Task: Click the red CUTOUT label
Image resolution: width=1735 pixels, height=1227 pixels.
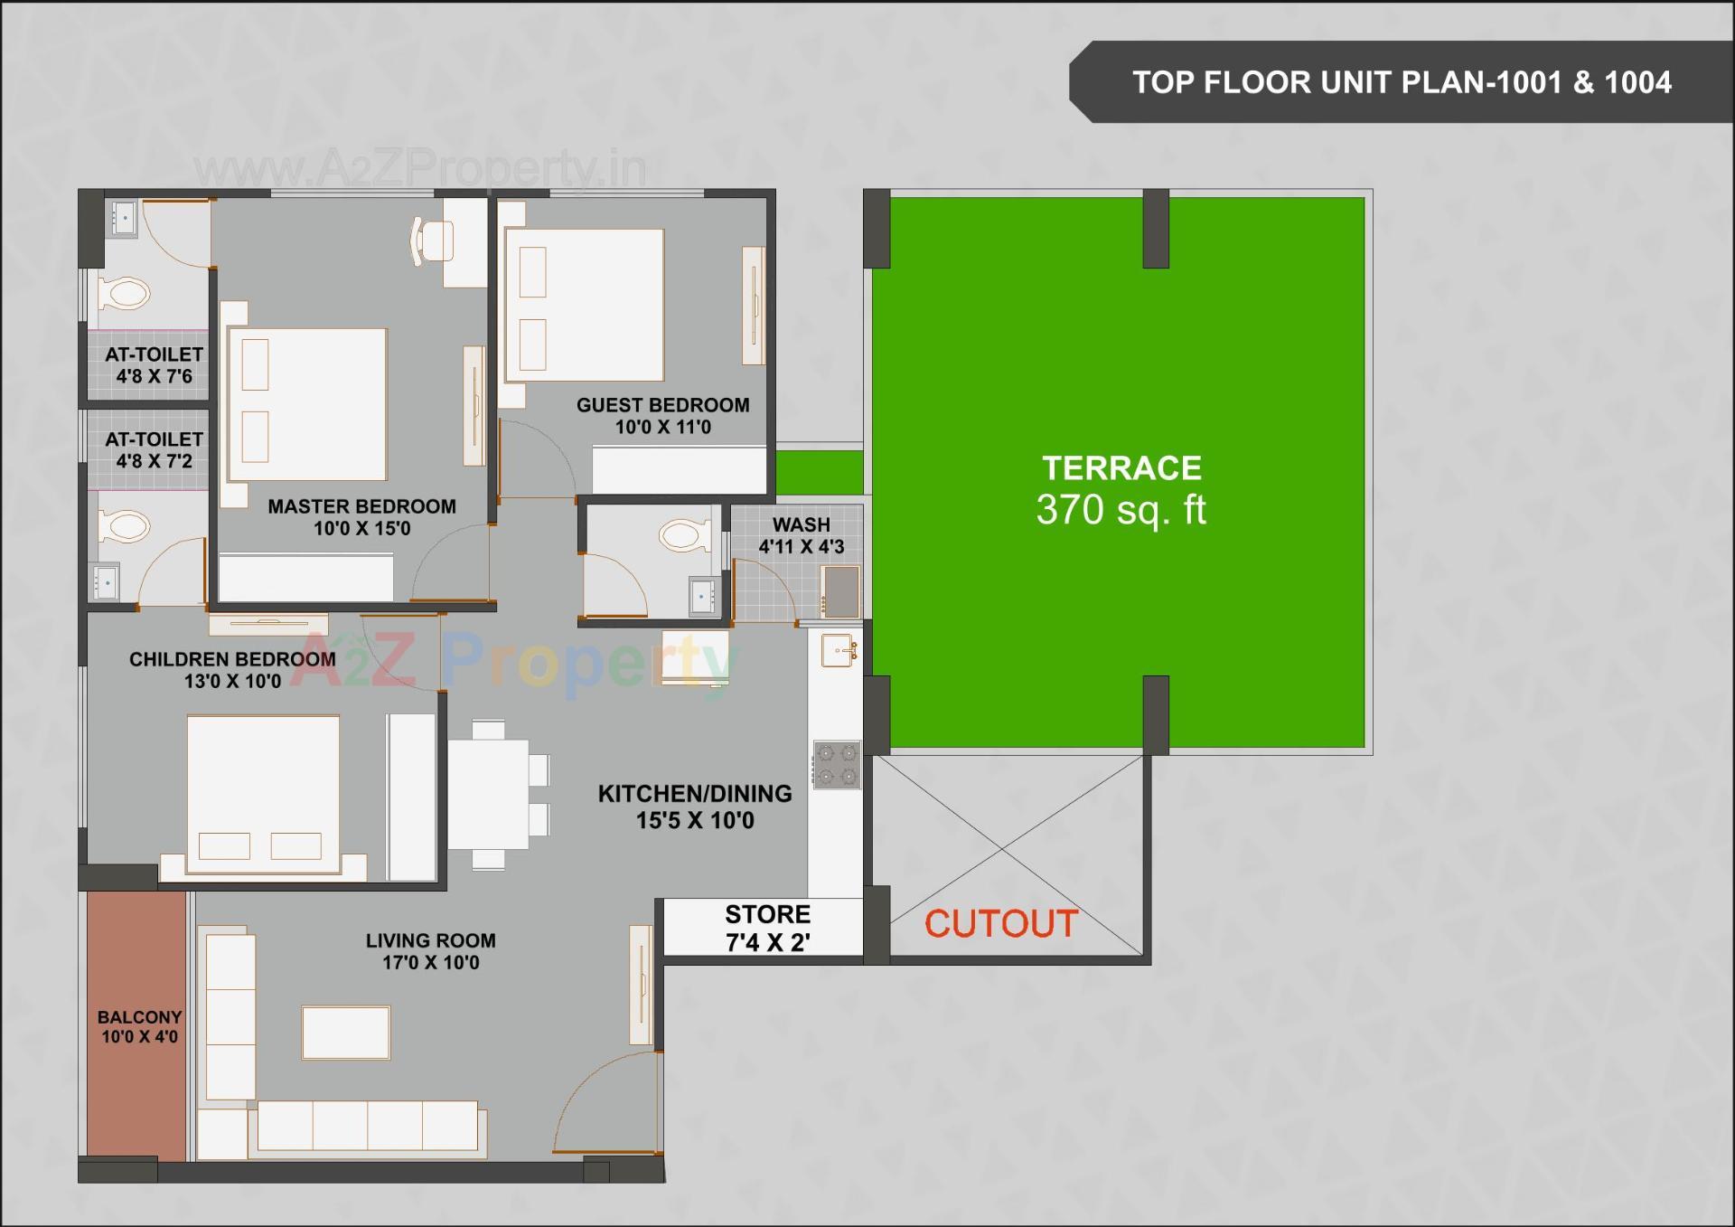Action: [x=1001, y=924]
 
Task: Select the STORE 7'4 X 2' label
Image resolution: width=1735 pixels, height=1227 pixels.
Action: [x=767, y=929]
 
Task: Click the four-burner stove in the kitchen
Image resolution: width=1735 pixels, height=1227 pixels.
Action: [x=837, y=765]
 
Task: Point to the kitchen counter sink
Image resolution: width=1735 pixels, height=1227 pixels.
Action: [x=839, y=650]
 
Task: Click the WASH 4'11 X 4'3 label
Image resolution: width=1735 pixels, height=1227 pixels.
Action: [x=801, y=535]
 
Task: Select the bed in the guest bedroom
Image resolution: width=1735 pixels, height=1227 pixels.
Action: [x=585, y=305]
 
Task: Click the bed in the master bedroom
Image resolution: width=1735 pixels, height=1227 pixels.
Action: [x=307, y=404]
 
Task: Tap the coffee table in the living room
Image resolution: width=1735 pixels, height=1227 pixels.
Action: [x=346, y=1032]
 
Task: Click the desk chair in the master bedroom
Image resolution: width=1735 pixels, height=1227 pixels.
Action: [x=433, y=241]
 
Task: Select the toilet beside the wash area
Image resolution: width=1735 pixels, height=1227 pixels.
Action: [x=685, y=535]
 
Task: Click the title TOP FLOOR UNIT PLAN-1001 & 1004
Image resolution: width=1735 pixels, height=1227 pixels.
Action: [x=1402, y=82]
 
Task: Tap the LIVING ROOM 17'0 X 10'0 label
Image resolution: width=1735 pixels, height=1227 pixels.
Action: [x=430, y=951]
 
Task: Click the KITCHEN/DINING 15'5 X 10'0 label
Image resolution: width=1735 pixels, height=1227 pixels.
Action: [x=694, y=807]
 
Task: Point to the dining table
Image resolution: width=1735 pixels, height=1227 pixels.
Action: [x=489, y=793]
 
